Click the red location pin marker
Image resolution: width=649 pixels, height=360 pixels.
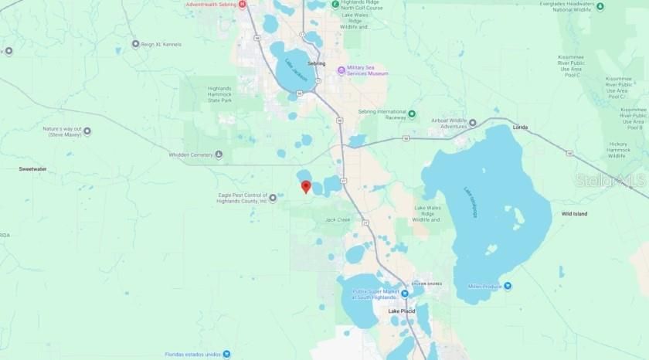coord(306,186)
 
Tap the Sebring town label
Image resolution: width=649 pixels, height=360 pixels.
coord(317,63)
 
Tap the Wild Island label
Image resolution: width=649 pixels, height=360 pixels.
coord(575,213)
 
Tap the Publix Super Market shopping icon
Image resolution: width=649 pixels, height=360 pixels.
coord(404,294)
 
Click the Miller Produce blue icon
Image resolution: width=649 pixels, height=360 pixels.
coord(508,286)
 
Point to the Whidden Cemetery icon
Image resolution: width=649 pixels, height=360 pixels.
coord(219,155)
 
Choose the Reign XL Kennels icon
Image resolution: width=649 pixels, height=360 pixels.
coord(136,44)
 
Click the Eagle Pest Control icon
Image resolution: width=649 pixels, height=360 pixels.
coord(273,199)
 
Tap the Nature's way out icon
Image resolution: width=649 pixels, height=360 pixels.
coord(87,131)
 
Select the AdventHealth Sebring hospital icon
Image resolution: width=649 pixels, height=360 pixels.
coord(243,5)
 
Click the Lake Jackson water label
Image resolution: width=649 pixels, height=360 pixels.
coord(296,72)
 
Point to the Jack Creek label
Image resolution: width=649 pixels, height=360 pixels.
coord(338,220)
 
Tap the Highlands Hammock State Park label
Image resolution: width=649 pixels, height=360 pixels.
coord(219,93)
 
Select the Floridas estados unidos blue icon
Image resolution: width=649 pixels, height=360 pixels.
coord(228,355)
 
